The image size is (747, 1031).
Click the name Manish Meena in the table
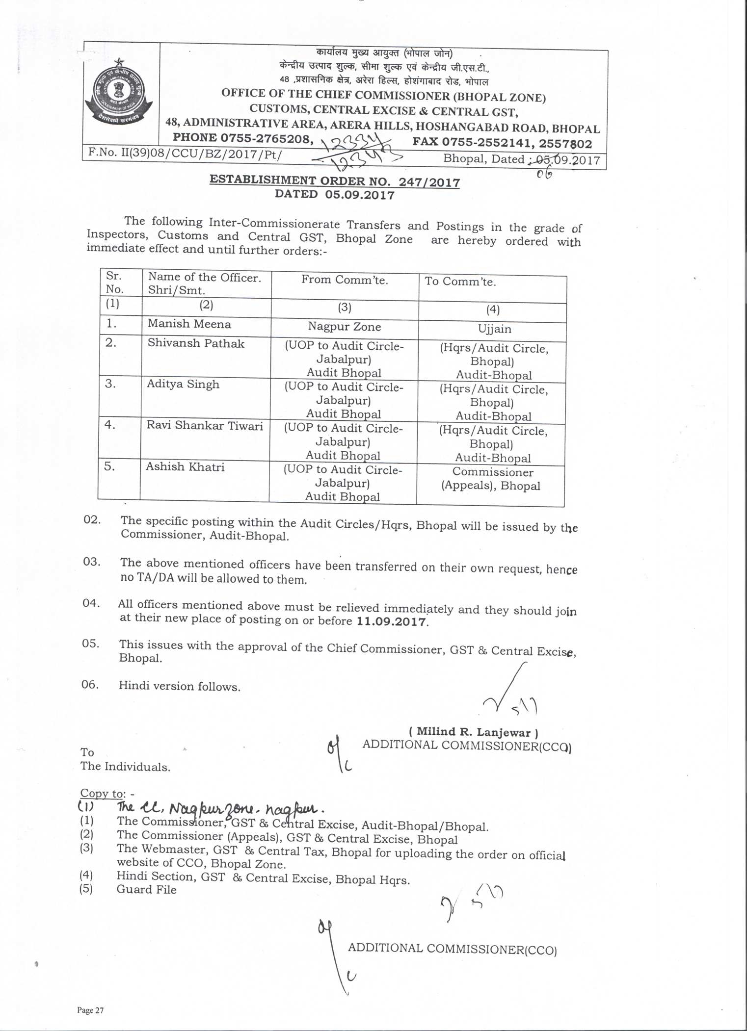coord(189,324)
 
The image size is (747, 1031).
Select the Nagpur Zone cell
coord(344,327)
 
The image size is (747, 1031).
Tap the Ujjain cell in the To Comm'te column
coord(494,329)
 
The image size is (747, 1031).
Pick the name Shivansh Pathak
coord(196,343)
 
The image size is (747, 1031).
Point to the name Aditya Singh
coord(183,384)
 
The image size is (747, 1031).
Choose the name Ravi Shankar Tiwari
coord(205,425)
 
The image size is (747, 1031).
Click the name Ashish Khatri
coord(185,466)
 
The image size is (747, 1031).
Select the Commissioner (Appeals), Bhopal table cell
coord(491,479)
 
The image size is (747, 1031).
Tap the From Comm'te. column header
coord(345,280)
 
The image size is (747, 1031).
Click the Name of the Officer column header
coord(204,284)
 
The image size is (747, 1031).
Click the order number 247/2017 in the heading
coord(429,182)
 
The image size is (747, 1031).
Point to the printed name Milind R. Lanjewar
coord(474,732)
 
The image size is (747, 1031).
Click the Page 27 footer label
coord(90,1010)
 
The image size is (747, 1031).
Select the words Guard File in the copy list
coord(146,890)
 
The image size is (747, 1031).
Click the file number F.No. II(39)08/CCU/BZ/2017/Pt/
coord(185,154)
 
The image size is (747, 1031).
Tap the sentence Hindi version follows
coord(179,686)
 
